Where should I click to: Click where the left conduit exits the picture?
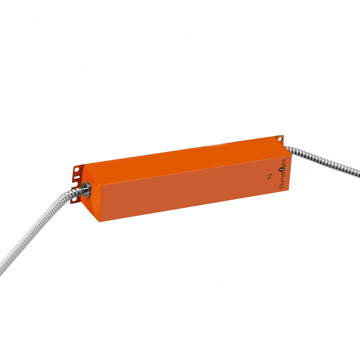tap(1, 272)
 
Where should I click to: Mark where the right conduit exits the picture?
tap(358, 172)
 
